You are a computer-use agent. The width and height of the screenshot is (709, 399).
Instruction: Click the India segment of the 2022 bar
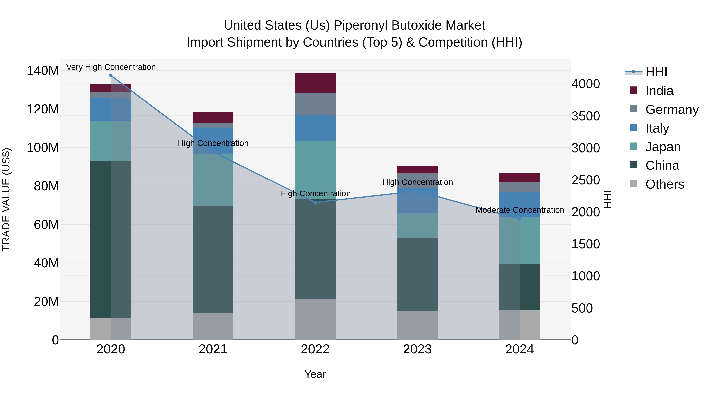(x=315, y=83)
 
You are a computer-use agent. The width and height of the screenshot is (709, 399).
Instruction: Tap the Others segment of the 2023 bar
(x=417, y=325)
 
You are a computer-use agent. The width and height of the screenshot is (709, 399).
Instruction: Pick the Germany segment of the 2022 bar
(x=315, y=104)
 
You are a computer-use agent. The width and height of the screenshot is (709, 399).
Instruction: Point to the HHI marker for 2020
(x=111, y=75)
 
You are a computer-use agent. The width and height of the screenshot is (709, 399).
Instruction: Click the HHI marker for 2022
(x=315, y=202)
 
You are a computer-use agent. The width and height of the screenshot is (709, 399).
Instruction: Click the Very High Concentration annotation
(x=111, y=67)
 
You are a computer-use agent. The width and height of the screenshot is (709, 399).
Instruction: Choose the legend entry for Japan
(x=663, y=147)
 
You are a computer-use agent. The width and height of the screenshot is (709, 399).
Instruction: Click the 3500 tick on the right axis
(x=586, y=116)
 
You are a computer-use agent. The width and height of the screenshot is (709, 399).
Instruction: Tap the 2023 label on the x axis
(x=417, y=349)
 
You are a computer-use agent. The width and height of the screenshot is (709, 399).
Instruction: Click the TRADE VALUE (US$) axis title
(x=6, y=199)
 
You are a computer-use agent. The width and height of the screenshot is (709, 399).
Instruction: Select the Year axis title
(x=315, y=374)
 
